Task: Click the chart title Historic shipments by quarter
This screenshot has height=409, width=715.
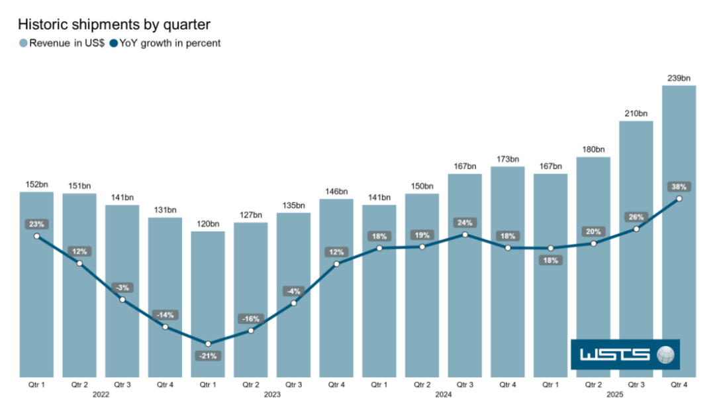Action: point(114,25)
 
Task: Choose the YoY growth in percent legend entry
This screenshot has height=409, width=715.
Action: point(166,44)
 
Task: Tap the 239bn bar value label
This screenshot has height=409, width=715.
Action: point(679,78)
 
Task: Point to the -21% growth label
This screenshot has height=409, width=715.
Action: point(208,356)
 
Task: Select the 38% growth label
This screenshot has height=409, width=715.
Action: point(679,186)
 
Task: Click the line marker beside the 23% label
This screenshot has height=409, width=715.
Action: point(36,236)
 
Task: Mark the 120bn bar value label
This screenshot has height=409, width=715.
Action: point(208,224)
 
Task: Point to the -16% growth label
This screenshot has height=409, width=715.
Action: point(251,319)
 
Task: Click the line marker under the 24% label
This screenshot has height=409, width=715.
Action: point(465,235)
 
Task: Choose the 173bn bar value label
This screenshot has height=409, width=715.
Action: point(507,159)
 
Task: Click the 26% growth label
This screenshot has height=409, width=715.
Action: point(636,217)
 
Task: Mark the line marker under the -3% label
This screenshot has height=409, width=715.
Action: point(122,300)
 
